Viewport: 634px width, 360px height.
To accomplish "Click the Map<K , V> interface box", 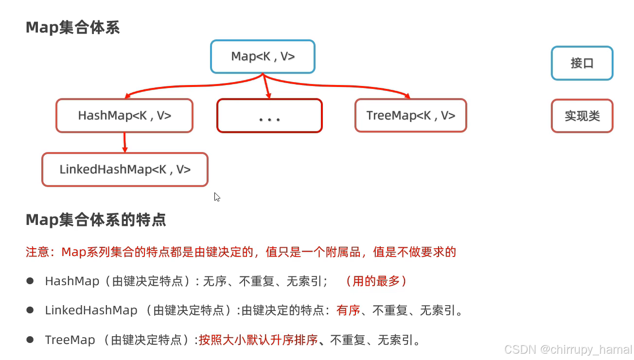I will pyautogui.click(x=263, y=57).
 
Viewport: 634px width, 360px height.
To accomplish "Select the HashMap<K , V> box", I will pyautogui.click(x=124, y=116).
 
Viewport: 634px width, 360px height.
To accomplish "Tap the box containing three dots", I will pyautogui.click(x=269, y=116).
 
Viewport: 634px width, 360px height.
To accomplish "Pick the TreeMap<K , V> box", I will pyautogui.click(x=411, y=116).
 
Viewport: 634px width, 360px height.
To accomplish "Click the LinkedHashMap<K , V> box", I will pyautogui.click(x=125, y=170).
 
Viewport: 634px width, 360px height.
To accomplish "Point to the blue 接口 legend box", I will pyautogui.click(x=582, y=63).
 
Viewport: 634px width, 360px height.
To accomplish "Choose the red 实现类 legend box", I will pyautogui.click(x=582, y=116).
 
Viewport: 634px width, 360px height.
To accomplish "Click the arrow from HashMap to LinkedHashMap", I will pyautogui.click(x=124, y=142).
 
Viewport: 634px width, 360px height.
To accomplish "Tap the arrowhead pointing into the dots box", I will pyautogui.click(x=268, y=95).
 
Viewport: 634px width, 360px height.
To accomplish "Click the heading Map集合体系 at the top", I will pyautogui.click(x=72, y=28).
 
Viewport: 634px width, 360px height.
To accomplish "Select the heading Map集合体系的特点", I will pyautogui.click(x=96, y=220).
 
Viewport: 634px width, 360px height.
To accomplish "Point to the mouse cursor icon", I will pyautogui.click(x=217, y=197).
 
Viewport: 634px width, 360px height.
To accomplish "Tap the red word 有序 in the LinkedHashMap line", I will pyautogui.click(x=348, y=310).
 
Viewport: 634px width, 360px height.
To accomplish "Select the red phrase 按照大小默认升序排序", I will pyautogui.click(x=258, y=340).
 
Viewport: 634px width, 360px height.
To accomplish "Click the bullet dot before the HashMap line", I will pyautogui.click(x=30, y=281).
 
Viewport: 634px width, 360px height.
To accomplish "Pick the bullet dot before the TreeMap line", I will pyautogui.click(x=30, y=339).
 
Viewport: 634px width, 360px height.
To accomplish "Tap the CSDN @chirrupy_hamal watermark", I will pyautogui.click(x=568, y=349).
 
